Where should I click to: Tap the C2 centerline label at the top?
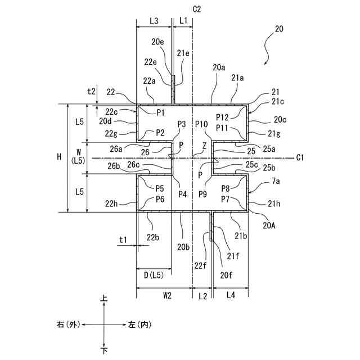coord(196,9)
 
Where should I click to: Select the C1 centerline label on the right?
coord(301,157)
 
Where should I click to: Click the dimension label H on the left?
coord(59,158)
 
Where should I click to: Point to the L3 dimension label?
coord(154,20)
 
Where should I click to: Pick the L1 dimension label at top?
coord(183,20)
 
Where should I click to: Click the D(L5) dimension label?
coord(154,276)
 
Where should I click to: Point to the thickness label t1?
coord(123,240)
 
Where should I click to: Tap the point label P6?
coord(160,199)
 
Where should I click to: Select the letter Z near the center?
coord(204,145)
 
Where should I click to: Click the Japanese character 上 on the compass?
coord(104,302)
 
